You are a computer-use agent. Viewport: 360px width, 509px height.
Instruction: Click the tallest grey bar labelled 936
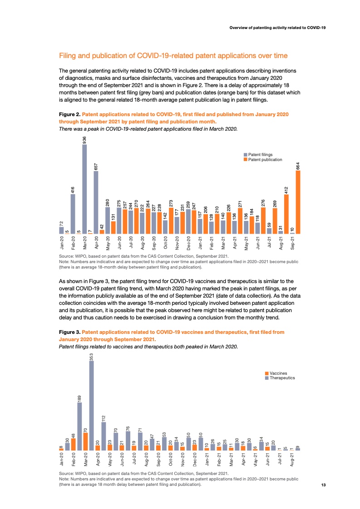tap(84, 189)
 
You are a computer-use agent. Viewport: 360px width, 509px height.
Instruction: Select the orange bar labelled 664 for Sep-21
tap(298, 202)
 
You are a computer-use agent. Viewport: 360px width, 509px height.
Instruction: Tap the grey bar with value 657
tap(96, 202)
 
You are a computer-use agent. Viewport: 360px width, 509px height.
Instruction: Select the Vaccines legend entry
tap(279, 373)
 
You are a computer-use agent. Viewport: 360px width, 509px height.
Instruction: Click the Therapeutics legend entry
tap(282, 378)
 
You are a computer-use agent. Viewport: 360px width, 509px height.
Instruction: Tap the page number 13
tap(324, 485)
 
